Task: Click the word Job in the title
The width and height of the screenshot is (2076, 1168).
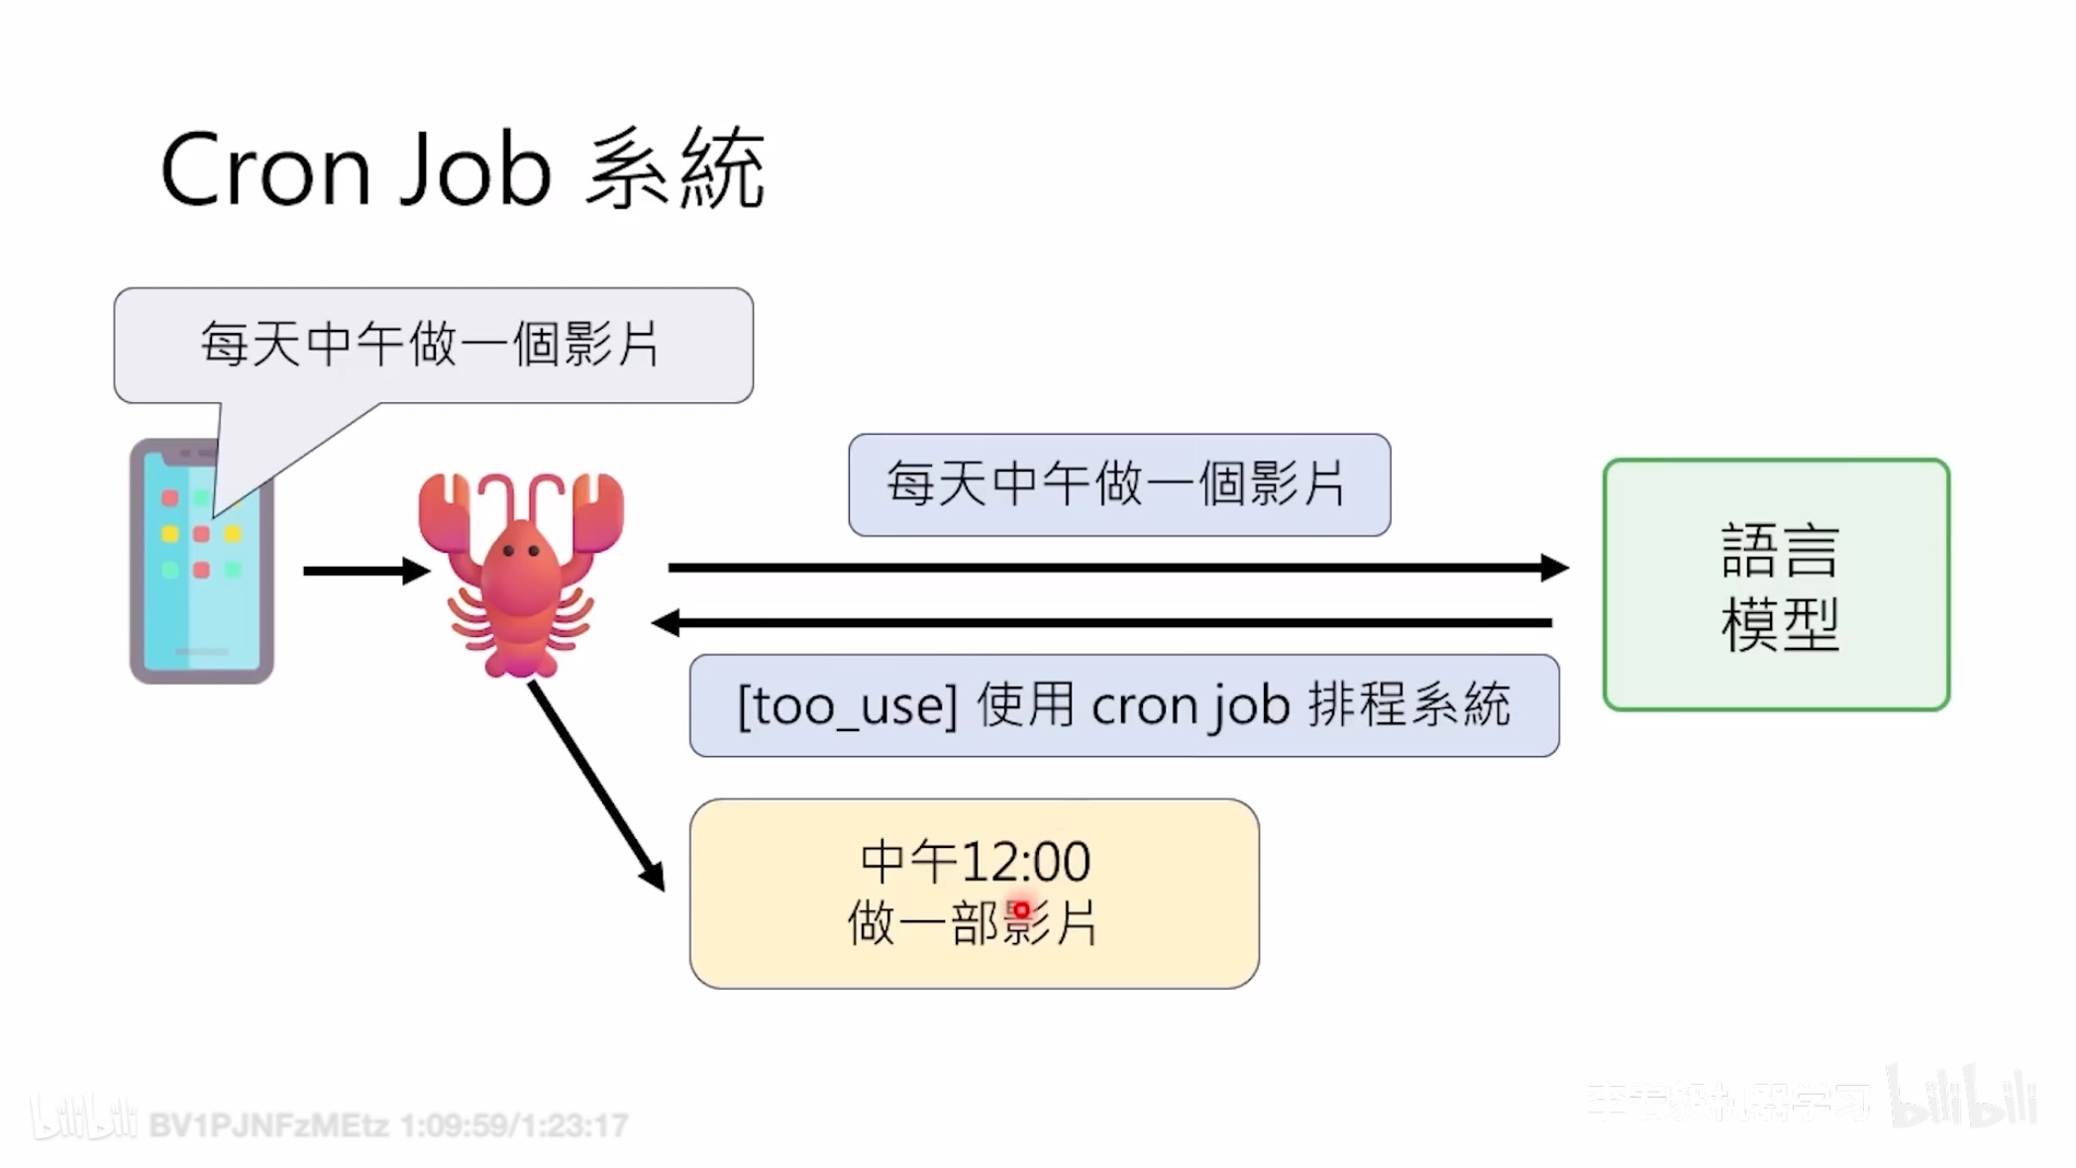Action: (475, 170)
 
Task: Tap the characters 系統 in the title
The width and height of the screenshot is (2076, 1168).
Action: (675, 170)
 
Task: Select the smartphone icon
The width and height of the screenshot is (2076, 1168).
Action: (201, 562)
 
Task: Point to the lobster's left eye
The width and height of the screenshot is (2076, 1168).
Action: (508, 550)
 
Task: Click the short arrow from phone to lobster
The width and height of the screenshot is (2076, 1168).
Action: (364, 571)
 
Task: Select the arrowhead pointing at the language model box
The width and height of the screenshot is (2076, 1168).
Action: (1555, 568)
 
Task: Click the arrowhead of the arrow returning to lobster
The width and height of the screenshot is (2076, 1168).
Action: (666, 623)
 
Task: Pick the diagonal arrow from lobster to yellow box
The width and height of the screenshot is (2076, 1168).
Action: (594, 783)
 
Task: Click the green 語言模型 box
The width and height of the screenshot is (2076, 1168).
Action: (1777, 584)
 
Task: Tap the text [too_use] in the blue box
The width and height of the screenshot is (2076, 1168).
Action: (848, 706)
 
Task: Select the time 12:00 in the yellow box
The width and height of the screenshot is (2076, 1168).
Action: (1026, 862)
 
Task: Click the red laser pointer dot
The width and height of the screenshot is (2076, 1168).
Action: (1021, 909)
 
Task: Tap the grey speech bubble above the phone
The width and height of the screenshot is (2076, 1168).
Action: (433, 345)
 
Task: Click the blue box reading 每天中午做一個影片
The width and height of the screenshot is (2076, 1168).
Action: (1119, 484)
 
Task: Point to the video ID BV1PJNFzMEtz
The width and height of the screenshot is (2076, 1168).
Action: (268, 1125)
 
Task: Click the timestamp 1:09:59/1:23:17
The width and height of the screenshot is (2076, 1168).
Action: (514, 1125)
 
